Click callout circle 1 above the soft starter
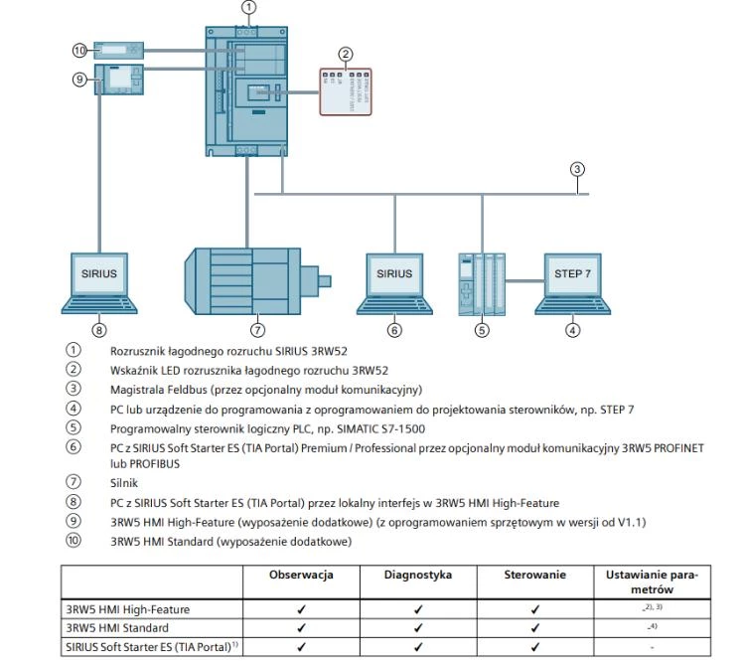pos(247,7)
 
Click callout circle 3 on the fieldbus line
pos(577,168)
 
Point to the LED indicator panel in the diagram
pos(345,89)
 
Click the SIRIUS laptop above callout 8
pos(99,274)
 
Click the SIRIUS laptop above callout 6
pos(393,274)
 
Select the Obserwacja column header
pos(301,576)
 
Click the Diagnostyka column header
pos(417,576)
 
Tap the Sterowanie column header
pos(534,576)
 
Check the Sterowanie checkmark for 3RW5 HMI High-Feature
pos(534,609)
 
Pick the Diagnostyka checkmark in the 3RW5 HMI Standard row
pos(417,628)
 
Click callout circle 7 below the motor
pos(256,330)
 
